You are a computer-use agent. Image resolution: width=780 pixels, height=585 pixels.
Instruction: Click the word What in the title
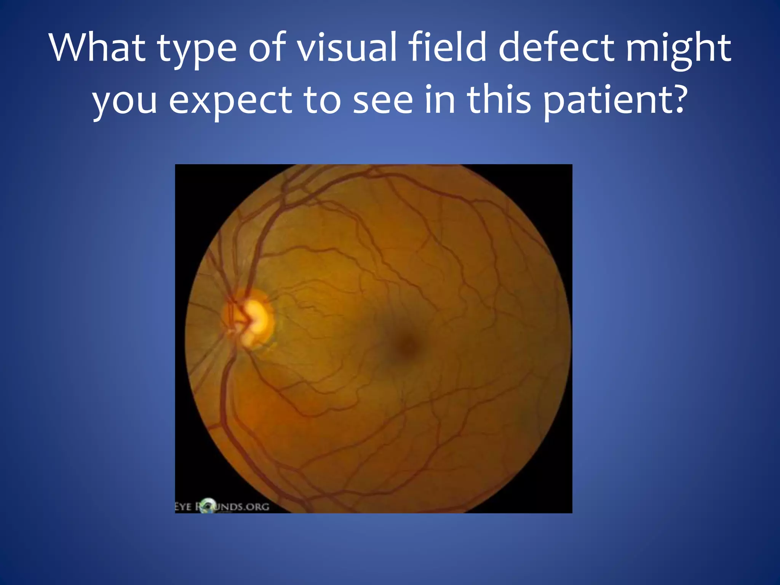tap(97, 48)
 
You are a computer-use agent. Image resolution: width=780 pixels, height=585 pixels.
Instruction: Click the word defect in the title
tap(556, 48)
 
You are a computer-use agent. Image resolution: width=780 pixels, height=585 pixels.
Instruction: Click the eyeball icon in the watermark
tap(208, 505)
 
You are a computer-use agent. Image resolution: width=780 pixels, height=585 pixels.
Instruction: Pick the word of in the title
tap(267, 48)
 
